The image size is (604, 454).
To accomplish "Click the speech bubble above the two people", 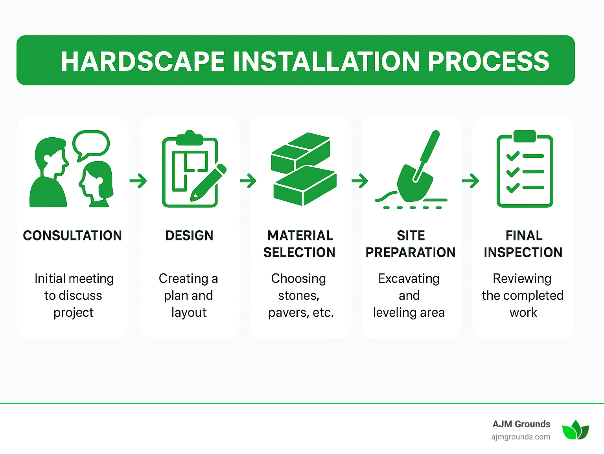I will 91,144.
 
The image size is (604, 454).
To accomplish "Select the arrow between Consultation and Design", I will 138,181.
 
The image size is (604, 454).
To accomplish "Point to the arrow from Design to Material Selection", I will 248,181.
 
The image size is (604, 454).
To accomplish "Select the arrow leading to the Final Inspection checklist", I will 470,181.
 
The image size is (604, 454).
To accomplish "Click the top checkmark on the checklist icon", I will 513,156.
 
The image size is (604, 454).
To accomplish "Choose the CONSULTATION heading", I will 72,236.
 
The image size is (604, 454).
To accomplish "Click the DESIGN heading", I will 189,236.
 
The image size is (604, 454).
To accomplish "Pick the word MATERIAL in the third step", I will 300,236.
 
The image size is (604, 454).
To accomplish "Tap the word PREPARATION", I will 410,253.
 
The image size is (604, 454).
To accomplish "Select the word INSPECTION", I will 523,253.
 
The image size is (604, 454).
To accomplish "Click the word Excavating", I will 409,279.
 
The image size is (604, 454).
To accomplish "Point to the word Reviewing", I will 522,279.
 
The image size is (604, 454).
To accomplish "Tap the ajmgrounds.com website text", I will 521,437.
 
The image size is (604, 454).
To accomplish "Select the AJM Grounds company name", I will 521,424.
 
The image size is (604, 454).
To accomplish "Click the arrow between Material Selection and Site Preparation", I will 360,181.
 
